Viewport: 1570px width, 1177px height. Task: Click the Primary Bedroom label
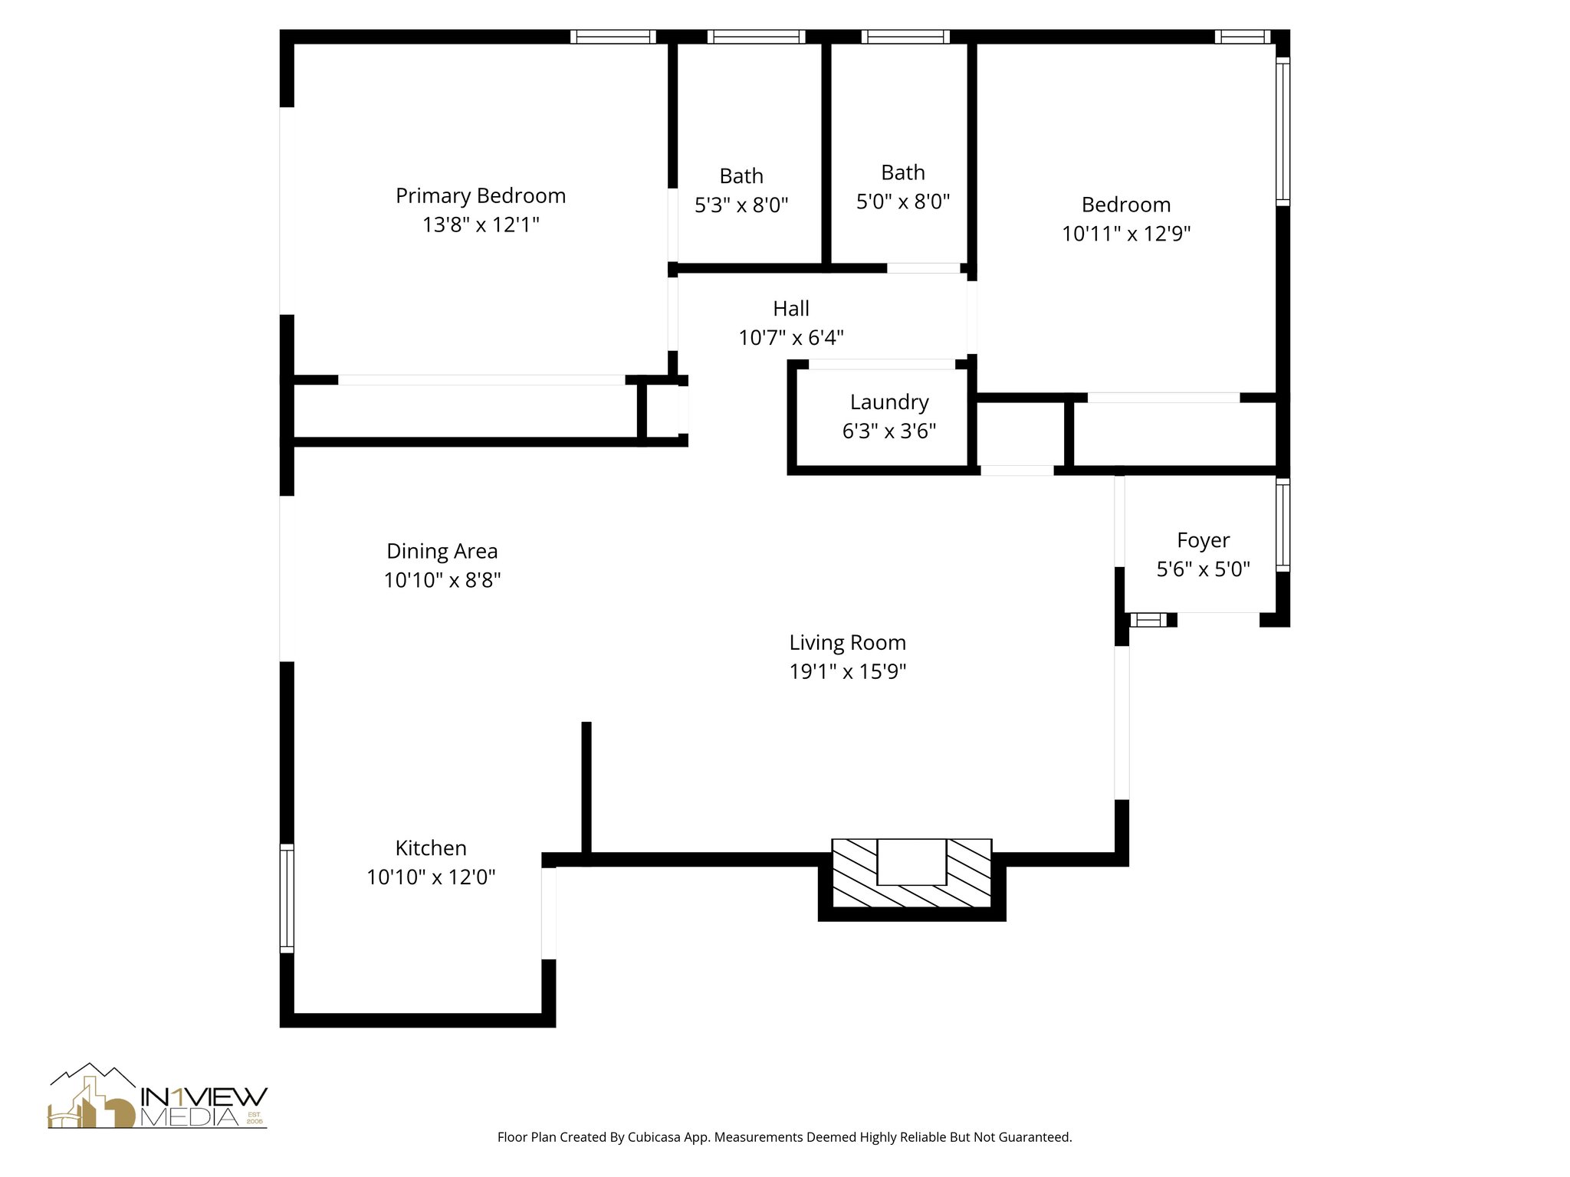coord(481,196)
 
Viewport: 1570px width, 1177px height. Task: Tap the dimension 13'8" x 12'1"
coord(481,225)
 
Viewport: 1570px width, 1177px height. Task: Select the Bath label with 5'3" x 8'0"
coord(741,176)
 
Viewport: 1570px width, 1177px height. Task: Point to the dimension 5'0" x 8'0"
coord(903,202)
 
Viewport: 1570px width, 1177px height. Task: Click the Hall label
coord(791,309)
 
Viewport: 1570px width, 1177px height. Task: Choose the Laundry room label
coord(889,402)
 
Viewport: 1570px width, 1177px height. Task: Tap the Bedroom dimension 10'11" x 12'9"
coord(1126,234)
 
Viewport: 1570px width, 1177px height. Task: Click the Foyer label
coord(1204,541)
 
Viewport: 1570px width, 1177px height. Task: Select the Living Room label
coord(848,642)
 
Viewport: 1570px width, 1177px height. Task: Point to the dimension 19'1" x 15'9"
coord(848,671)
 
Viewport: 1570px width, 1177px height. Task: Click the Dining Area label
coord(442,552)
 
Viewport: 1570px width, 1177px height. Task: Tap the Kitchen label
coord(431,848)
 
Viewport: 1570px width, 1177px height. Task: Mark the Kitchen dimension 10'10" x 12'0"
coord(431,877)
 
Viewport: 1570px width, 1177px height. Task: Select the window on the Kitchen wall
coord(287,897)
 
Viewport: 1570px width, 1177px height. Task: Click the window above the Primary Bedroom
coord(613,37)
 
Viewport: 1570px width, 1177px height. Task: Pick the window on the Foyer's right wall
coord(1283,525)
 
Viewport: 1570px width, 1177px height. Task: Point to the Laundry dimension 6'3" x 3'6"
coord(889,431)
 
